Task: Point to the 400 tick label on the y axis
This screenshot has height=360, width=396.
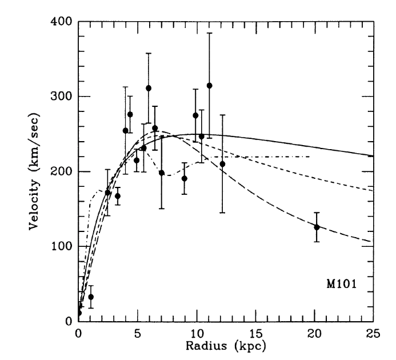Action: (x=61, y=22)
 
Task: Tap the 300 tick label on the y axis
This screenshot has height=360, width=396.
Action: (x=61, y=97)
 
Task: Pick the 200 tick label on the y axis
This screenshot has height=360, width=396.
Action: (x=61, y=171)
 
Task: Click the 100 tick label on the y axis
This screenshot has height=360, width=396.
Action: (x=61, y=246)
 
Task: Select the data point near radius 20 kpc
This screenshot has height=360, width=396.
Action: (x=317, y=227)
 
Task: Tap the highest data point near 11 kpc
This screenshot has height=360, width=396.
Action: (x=209, y=86)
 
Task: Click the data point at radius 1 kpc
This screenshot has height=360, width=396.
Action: (x=91, y=297)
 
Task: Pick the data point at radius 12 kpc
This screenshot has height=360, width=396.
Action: (x=222, y=164)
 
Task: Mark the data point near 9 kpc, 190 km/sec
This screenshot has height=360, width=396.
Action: (x=184, y=178)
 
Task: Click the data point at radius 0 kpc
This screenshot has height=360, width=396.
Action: (x=79, y=313)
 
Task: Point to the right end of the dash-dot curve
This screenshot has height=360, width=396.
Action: (x=310, y=157)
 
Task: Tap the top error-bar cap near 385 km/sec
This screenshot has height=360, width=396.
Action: (x=209, y=33)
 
